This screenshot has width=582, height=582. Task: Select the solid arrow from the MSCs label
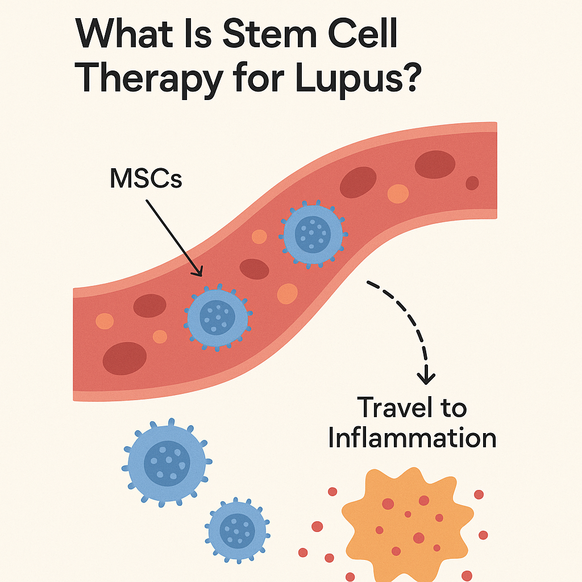tap(173, 235)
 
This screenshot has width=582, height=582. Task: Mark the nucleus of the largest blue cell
tap(167, 459)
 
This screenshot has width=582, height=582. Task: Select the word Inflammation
tap(412, 438)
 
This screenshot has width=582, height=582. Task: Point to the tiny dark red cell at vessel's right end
tap(472, 183)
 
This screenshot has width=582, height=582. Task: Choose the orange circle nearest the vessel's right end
tap(398, 194)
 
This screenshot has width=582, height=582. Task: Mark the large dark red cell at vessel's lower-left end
tap(124, 358)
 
